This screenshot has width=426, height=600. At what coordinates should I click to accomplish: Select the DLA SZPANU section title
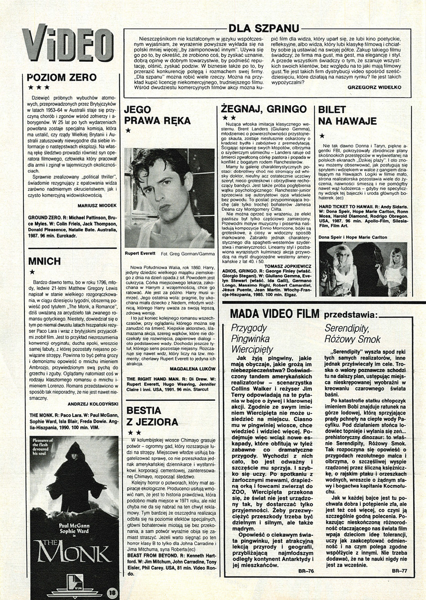pyautogui.click(x=264, y=29)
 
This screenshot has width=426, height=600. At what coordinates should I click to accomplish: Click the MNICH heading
pyautogui.click(x=45, y=261)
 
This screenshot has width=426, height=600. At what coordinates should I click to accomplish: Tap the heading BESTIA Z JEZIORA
pyautogui.click(x=152, y=417)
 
